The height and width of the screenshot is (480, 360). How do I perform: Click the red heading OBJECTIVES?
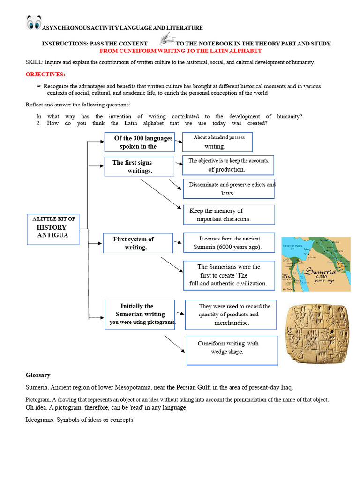[x=45, y=75]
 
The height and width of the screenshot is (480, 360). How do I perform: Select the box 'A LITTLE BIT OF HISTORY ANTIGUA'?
[x=53, y=229]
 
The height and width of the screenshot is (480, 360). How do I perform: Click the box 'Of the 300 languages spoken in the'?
[x=139, y=142]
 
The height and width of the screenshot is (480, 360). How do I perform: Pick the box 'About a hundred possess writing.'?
[x=217, y=142]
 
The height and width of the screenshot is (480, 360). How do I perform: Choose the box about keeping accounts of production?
[x=228, y=165]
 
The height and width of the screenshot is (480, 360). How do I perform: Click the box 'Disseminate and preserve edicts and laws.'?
[x=229, y=188]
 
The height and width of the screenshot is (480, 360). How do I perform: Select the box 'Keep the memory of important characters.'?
[x=229, y=215]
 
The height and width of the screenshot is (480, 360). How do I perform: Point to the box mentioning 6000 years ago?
[x=229, y=242]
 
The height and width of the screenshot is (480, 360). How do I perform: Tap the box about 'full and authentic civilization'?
[x=229, y=275]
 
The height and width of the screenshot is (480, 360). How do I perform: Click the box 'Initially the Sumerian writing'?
[x=140, y=314]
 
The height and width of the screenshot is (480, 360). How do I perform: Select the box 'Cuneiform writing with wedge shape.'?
[x=232, y=350]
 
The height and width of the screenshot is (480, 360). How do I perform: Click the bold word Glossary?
[x=38, y=375]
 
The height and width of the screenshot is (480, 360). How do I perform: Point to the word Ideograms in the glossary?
[x=40, y=420]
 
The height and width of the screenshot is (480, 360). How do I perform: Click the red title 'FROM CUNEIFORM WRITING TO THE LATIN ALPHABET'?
[x=180, y=51]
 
